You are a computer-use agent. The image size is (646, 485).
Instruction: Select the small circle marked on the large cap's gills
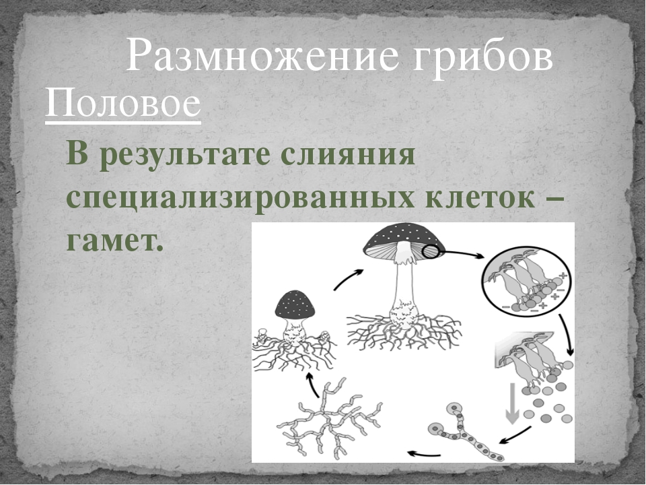(431, 251)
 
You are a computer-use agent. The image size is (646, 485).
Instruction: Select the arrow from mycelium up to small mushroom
(312, 385)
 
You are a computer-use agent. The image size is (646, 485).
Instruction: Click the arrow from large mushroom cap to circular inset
(464, 254)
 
